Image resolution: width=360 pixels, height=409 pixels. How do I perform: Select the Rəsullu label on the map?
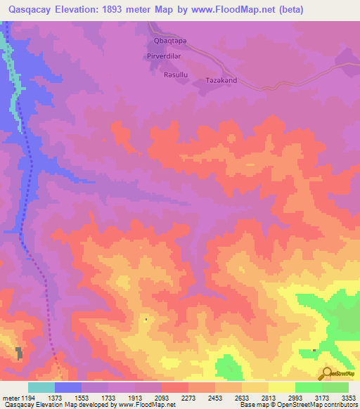click(x=175, y=74)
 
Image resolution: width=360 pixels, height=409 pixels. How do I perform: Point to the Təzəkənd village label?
click(x=221, y=80)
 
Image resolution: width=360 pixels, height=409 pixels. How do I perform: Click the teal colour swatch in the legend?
click(x=41, y=387)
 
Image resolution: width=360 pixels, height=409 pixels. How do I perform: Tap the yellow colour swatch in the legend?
click(x=281, y=387)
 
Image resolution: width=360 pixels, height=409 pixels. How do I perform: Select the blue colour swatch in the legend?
click(x=68, y=387)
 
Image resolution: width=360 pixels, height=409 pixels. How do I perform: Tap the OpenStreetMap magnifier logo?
click(x=326, y=373)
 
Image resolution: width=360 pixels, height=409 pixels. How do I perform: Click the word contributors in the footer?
click(x=339, y=405)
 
